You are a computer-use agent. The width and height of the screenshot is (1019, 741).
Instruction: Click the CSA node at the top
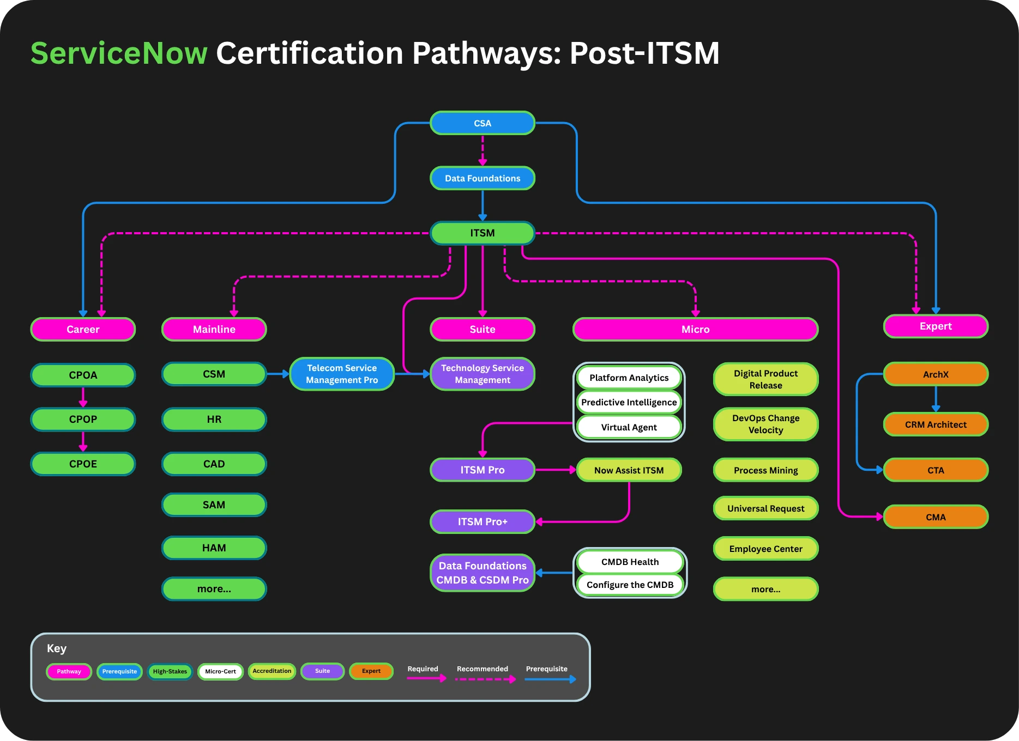point(483,123)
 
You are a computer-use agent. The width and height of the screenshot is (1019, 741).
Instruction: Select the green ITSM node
point(483,233)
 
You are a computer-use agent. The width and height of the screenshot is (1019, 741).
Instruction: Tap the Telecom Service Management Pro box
point(342,374)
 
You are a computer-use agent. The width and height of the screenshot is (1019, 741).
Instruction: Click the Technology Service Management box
point(483,374)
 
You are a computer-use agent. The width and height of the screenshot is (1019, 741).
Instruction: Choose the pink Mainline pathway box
point(214,329)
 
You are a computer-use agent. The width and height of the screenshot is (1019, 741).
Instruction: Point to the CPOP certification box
point(83,420)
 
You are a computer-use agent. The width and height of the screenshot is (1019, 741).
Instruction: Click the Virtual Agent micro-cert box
point(629,427)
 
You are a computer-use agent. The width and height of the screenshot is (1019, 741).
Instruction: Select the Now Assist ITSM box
point(629,470)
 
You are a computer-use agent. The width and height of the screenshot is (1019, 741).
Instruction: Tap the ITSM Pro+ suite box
point(483,521)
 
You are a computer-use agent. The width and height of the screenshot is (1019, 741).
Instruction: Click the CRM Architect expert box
point(936,424)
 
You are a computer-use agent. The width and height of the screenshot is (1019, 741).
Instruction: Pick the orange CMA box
point(936,517)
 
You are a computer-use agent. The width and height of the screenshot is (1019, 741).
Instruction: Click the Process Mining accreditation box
point(765,470)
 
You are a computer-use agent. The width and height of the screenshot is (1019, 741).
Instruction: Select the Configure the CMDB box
point(630,585)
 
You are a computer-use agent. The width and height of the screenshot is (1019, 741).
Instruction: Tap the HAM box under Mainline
point(214,548)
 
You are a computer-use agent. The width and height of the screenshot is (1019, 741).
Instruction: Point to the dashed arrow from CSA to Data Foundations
point(483,150)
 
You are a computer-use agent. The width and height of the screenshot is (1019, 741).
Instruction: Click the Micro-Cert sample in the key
point(220,671)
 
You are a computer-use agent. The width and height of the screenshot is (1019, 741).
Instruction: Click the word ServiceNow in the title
point(119,53)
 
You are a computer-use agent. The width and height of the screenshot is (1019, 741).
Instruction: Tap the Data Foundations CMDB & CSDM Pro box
point(483,573)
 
